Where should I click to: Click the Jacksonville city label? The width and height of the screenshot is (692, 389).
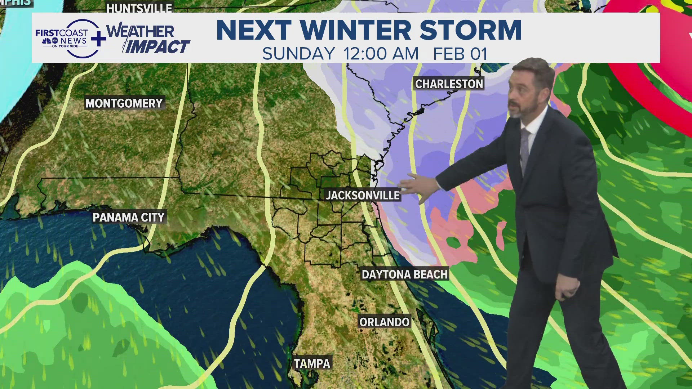(363, 196)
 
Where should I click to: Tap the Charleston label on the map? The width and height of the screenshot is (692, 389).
(449, 84)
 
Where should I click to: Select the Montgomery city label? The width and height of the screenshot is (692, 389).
(124, 103)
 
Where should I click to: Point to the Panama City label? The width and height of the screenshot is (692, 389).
(129, 218)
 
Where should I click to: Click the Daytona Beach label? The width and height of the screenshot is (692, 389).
(404, 274)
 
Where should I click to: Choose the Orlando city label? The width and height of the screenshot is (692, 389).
(384, 322)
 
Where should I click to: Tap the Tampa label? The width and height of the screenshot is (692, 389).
(312, 363)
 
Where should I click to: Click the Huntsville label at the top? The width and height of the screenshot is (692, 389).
(139, 8)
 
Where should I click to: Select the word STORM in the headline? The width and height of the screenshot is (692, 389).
(471, 30)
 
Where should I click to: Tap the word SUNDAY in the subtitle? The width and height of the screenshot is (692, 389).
(298, 54)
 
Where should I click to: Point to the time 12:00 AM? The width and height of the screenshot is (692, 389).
(381, 54)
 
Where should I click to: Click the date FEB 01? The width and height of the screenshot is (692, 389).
(460, 54)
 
